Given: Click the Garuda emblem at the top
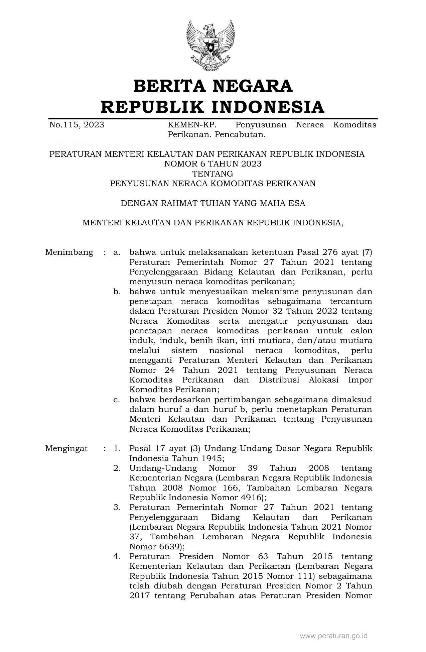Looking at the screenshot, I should pyautogui.click(x=210, y=45).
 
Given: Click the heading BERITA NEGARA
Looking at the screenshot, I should pyautogui.click(x=213, y=86).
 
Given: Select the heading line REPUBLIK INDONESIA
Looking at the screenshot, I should pyautogui.click(x=213, y=107).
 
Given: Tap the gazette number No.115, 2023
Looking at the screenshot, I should pyautogui.click(x=77, y=125).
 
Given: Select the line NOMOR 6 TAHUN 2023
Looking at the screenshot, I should pyautogui.click(x=213, y=164).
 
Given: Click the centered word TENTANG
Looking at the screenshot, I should pyautogui.click(x=213, y=174).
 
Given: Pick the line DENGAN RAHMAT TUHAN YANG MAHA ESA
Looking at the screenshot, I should pyautogui.click(x=213, y=203).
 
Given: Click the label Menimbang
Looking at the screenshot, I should pyautogui.click(x=69, y=252).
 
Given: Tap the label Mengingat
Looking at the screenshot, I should pyautogui.click(x=66, y=448).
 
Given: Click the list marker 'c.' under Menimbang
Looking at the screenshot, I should pyautogui.click(x=117, y=400).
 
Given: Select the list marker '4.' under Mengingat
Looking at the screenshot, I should pyautogui.click(x=117, y=556).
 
